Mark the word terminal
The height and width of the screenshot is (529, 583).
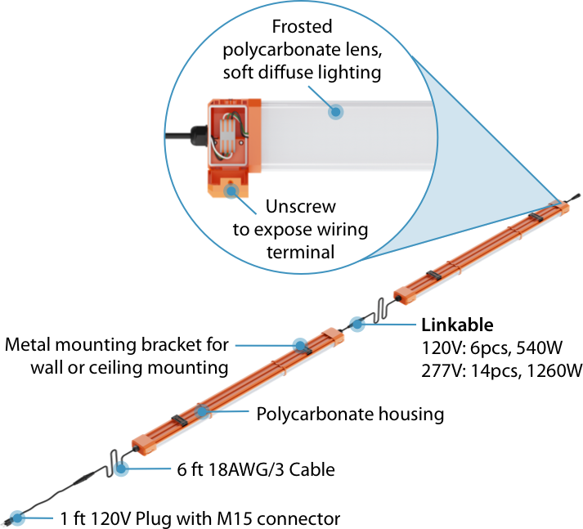(300, 252)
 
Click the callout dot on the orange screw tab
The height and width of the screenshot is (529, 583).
(232, 191)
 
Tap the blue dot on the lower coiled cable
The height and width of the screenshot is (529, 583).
(121, 469)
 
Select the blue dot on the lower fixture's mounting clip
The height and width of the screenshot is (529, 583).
(201, 411)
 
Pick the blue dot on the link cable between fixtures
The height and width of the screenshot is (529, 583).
(357, 324)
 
